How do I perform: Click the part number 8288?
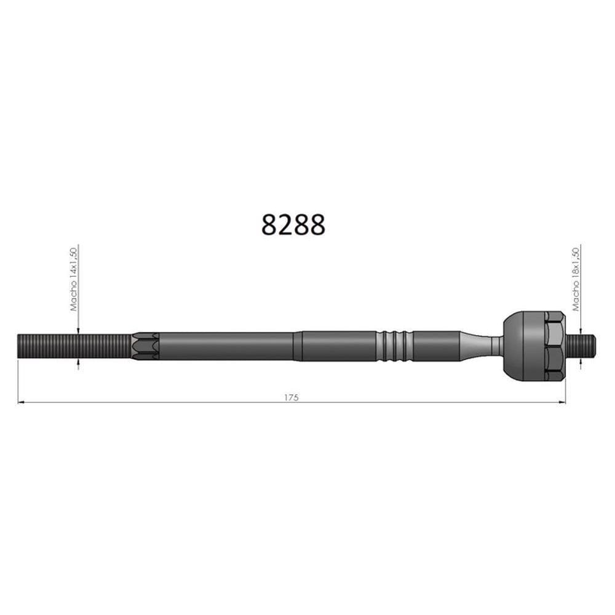(293, 224)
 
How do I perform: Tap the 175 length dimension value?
(292, 397)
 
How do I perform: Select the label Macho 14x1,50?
(73, 279)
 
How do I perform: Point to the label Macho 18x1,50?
(576, 279)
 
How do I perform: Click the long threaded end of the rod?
(74, 346)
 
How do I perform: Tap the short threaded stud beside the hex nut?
(581, 346)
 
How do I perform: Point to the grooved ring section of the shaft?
(394, 346)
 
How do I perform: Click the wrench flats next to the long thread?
(145, 346)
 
